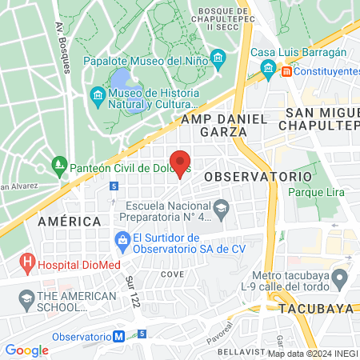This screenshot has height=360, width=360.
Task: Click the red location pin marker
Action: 181,162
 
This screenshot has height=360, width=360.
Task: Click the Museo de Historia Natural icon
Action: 98,98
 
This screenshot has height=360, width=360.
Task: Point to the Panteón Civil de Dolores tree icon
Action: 58,167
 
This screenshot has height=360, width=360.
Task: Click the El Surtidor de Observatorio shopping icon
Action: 122,239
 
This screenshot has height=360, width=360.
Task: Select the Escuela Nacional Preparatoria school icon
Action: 222,209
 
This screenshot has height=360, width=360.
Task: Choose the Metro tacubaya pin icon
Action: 340,278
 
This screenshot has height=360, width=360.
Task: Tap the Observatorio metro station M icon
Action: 119,337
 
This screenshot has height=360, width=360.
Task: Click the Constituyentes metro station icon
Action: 286,71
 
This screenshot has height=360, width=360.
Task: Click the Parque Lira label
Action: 315,192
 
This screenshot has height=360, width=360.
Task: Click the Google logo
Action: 26,350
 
